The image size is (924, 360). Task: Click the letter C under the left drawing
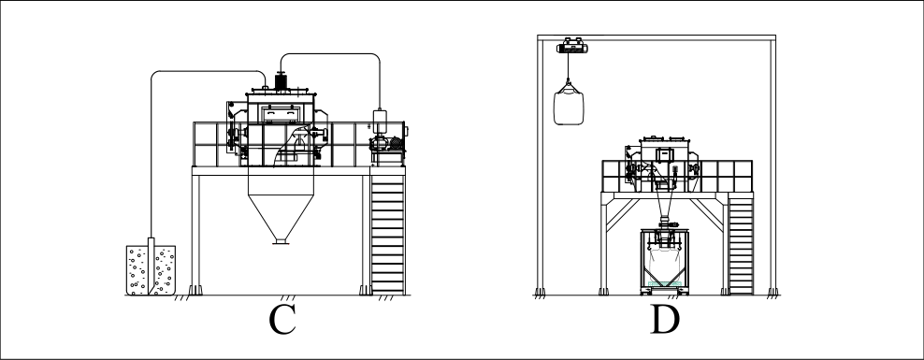click(282, 320)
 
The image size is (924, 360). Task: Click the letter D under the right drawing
click(665, 320)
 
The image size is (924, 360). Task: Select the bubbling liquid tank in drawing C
click(151, 270)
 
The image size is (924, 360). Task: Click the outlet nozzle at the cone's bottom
click(281, 240)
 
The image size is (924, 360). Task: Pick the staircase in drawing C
click(388, 235)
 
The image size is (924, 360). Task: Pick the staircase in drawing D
click(741, 245)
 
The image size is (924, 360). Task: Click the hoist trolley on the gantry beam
click(571, 46)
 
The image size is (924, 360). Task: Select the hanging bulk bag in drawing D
click(569, 105)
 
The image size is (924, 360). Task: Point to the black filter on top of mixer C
click(282, 81)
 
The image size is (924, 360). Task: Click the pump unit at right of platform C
click(387, 149)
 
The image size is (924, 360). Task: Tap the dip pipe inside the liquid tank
click(151, 266)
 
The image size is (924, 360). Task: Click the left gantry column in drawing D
click(540, 165)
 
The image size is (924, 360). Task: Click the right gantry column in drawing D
click(772, 165)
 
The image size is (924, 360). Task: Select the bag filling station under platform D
click(664, 260)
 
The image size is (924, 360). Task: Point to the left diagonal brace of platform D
click(623, 214)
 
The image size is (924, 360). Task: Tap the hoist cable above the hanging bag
click(569, 67)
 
